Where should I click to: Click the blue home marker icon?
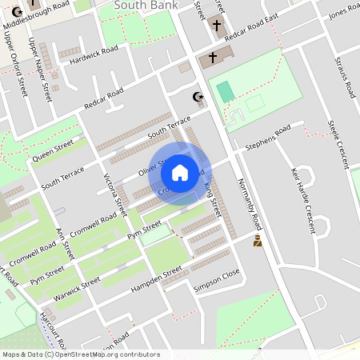tap(179, 172)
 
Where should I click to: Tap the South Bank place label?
tap(143, 6)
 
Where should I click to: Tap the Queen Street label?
tap(53, 150)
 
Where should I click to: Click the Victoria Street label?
tap(115, 196)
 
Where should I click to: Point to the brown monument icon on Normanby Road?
tap(258, 241)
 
